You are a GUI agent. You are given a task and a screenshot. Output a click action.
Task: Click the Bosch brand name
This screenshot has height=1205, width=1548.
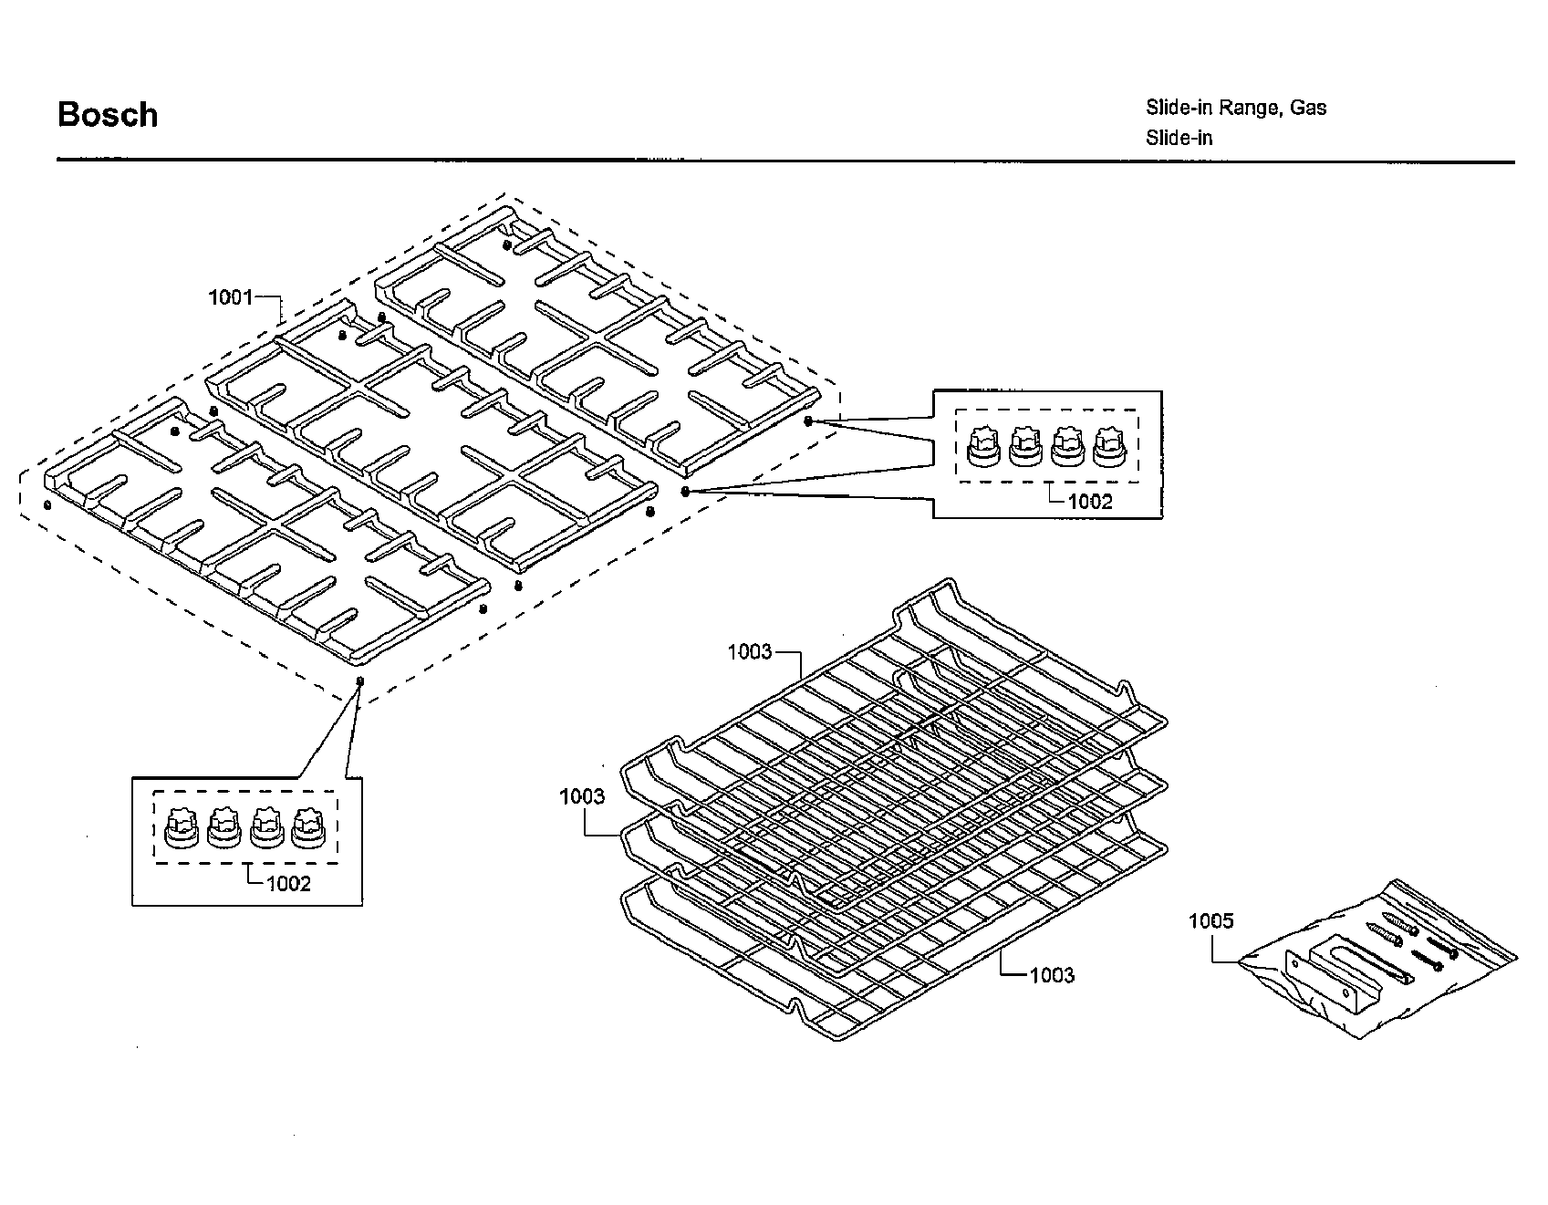(108, 115)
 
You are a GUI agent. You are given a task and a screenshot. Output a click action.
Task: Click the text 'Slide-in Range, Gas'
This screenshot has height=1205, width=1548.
(1235, 108)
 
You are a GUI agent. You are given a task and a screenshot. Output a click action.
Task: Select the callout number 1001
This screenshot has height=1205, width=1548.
(230, 297)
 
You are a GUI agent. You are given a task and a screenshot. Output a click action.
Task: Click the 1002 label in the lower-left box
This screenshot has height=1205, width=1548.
(288, 884)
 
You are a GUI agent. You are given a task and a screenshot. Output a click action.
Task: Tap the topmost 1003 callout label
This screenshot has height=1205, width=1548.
(749, 652)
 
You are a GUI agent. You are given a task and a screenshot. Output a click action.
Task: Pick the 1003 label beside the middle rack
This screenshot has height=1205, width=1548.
(582, 797)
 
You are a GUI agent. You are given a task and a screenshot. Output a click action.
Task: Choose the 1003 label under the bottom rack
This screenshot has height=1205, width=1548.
(1052, 975)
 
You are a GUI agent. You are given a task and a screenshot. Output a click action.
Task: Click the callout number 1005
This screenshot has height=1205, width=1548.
(1210, 921)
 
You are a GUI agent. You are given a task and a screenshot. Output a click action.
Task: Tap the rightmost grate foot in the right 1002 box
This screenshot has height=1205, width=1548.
(1109, 447)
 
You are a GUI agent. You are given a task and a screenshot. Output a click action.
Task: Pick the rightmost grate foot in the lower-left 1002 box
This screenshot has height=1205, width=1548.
(308, 828)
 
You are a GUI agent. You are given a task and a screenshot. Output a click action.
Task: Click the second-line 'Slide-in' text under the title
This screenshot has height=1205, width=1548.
(1179, 139)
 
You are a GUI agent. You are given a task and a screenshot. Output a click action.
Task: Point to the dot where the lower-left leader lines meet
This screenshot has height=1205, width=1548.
(359, 681)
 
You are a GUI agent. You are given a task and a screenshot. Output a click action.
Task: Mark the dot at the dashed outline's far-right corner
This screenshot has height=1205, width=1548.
(808, 421)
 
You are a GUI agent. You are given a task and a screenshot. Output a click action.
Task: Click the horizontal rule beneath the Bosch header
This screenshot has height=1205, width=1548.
(784, 161)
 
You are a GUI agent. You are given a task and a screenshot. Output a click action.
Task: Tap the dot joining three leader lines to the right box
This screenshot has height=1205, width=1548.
(684, 491)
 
